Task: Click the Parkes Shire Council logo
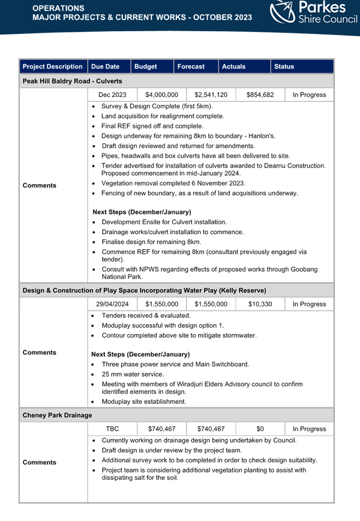tap(313, 12)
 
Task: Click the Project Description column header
tap(52, 66)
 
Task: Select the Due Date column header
tap(105, 66)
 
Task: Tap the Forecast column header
tap(191, 66)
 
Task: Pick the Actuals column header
tap(234, 66)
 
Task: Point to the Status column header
tap(284, 66)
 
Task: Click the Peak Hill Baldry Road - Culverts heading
tap(73, 81)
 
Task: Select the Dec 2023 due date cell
tap(112, 95)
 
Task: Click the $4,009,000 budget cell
tap(162, 95)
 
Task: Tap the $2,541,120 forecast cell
tap(211, 95)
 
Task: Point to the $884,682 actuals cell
tap(260, 95)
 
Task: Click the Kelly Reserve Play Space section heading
tap(144, 290)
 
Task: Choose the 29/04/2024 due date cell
tap(112, 304)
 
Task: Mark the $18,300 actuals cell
tap(260, 304)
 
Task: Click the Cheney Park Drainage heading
tap(57, 415)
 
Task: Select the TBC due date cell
tap(112, 429)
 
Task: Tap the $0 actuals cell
tap(260, 429)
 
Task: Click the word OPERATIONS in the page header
tap(59, 8)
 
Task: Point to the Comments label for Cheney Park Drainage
tap(40, 462)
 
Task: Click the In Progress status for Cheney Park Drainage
tap(309, 429)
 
